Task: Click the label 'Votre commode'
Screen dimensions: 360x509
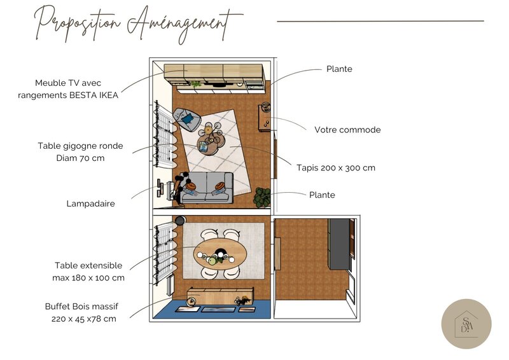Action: pyautogui.click(x=347, y=130)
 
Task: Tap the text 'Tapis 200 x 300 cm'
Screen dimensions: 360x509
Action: pyautogui.click(x=336, y=168)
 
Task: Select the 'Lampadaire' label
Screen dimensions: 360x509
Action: pyautogui.click(x=95, y=204)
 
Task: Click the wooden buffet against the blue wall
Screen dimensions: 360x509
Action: pyautogui.click(x=220, y=295)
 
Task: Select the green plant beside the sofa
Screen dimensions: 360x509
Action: pyautogui.click(x=261, y=197)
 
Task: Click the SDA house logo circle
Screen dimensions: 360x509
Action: pyautogui.click(x=466, y=324)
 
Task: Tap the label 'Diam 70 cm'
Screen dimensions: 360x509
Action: pyautogui.click(x=80, y=158)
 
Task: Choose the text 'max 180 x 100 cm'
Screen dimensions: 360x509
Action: pyautogui.click(x=88, y=277)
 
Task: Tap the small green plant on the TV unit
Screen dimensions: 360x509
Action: pyautogui.click(x=196, y=83)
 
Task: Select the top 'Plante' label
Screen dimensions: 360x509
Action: pyautogui.click(x=339, y=69)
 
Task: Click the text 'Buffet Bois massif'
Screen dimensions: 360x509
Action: pyautogui.click(x=81, y=306)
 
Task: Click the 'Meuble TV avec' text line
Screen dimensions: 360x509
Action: pyautogui.click(x=68, y=83)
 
